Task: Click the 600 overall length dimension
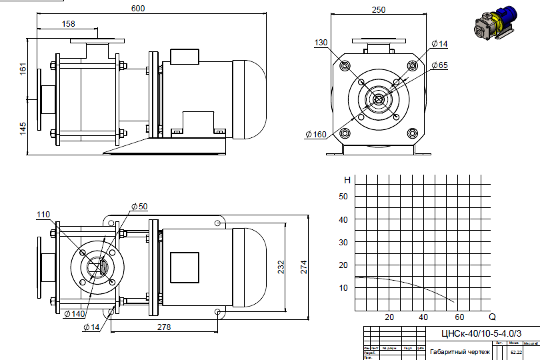click(139, 9)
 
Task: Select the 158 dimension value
click(68, 23)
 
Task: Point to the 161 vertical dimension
click(23, 69)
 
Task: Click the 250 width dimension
click(378, 9)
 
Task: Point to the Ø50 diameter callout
click(139, 206)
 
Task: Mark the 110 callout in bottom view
click(43, 215)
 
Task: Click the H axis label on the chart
click(347, 180)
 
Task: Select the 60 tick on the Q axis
click(459, 317)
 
